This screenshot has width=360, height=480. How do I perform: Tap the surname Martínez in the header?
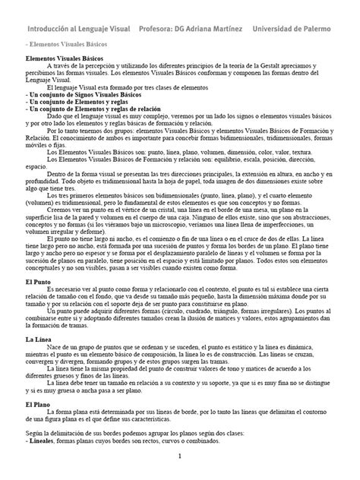pos(223,28)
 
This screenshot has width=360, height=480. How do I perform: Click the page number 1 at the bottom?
pos(180,456)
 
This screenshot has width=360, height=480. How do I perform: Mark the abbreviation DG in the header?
pos(190,28)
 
